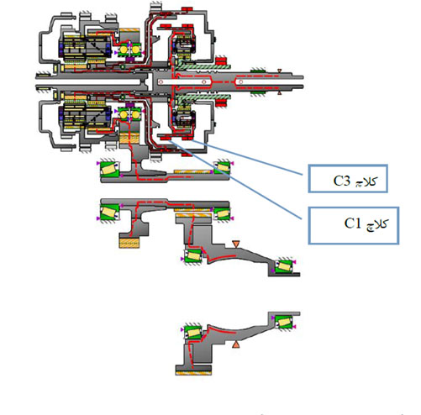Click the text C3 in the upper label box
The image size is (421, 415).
[342, 181]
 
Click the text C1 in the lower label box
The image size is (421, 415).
[353, 223]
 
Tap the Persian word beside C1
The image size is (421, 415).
[376, 224]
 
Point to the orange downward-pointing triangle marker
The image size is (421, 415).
[236, 244]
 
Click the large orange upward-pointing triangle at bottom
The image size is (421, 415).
[236, 344]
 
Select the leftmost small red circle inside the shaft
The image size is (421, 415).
[161, 82]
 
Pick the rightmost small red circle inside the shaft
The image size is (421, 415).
[240, 82]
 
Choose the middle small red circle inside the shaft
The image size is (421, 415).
[204, 82]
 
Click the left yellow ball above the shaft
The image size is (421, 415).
[124, 50]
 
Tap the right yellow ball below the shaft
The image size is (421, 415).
[135, 114]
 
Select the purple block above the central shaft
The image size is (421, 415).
[129, 60]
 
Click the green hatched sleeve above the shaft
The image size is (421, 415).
[203, 67]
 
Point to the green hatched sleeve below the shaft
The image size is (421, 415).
[203, 97]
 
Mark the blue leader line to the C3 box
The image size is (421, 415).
[247, 158]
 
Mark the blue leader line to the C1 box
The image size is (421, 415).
[235, 180]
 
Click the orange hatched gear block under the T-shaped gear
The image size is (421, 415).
[129, 243]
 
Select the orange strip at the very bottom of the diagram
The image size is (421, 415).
[193, 373]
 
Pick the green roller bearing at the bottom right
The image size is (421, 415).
[284, 323]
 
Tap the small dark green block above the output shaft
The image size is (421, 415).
[258, 71]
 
